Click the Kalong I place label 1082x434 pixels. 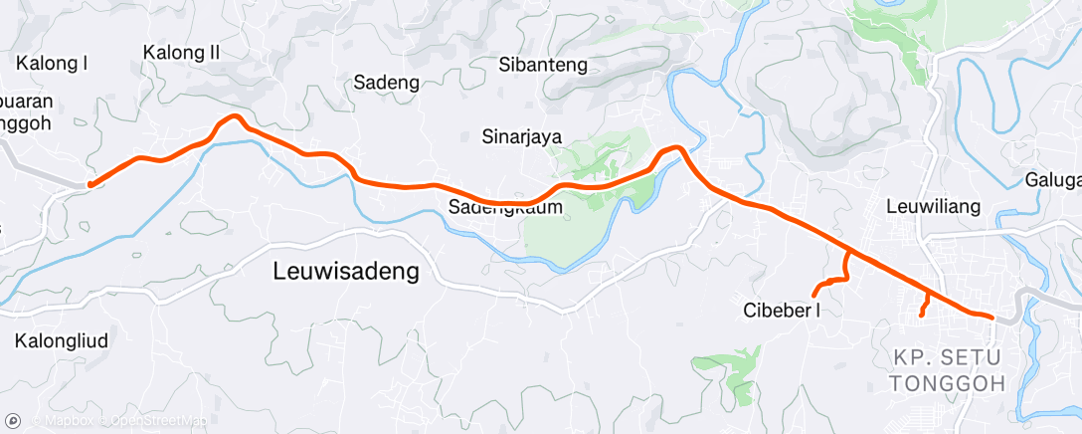(x=53, y=64)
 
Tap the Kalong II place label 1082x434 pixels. (x=181, y=52)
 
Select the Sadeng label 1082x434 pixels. (x=383, y=83)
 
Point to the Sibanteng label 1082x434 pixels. (x=543, y=66)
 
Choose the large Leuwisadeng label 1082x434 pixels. (x=345, y=271)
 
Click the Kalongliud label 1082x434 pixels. (x=62, y=340)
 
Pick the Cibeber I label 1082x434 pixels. (x=782, y=310)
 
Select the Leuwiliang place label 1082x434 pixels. (x=934, y=207)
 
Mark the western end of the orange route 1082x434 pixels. (x=90, y=184)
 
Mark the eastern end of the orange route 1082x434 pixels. (x=992, y=317)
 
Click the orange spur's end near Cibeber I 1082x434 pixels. (x=814, y=295)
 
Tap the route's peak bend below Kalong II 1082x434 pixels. (x=234, y=116)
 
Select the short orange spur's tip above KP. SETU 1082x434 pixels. (x=921, y=315)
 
